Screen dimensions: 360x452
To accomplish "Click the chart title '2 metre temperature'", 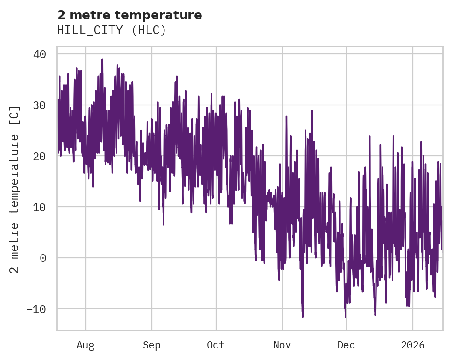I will pos(129,15).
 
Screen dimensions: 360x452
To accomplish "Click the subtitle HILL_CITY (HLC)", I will pos(111,30).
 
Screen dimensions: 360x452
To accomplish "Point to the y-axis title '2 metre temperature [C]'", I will pos(15,189).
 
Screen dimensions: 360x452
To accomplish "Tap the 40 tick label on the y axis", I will pos(39,54).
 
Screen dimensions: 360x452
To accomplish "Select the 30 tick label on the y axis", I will pos(39,105).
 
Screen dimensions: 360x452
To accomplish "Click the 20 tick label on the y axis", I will pos(39,156).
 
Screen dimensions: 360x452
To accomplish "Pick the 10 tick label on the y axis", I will pos(39,207).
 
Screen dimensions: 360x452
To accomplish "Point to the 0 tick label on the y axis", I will pos(42,258).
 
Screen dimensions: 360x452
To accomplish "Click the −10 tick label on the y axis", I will pos(36,309).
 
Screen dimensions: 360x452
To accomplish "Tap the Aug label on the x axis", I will pos(86,345).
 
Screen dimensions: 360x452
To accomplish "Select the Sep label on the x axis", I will pos(152,345).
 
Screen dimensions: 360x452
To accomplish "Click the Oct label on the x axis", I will pos(216,345).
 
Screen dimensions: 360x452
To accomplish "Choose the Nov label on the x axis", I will pos(282,345).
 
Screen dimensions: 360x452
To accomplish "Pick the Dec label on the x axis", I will pos(346,345).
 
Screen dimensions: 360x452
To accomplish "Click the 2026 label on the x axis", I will pos(413,345).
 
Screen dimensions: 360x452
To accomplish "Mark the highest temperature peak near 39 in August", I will pos(102,59).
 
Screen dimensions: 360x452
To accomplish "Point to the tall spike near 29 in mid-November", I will pos(312,110).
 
